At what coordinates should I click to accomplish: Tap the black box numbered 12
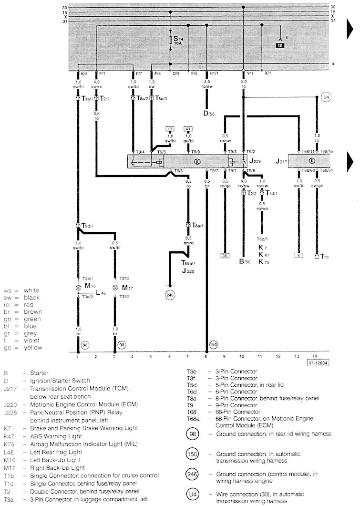pyautogui.click(x=279, y=45)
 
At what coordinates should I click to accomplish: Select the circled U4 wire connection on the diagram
pyautogui.click(x=326, y=98)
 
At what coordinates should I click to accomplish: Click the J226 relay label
pyautogui.click(x=254, y=161)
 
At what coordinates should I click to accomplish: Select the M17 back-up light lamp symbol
pyautogui.click(x=114, y=288)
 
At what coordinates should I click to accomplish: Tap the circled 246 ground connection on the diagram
pyautogui.click(x=170, y=295)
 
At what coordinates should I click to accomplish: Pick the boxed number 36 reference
pyautogui.click(x=225, y=255)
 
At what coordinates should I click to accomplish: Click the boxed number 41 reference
pyautogui.click(x=188, y=129)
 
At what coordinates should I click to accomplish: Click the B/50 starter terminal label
pyautogui.click(x=245, y=261)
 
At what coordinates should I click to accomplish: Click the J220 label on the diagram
pyautogui.click(x=187, y=269)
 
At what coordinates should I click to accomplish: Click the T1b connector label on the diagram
pyautogui.click(x=325, y=256)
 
